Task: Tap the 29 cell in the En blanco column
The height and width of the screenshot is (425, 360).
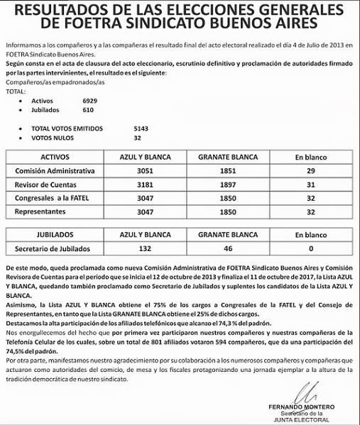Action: (310, 172)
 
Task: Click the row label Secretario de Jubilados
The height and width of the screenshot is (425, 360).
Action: (55, 248)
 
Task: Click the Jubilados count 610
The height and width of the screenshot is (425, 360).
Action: (88, 111)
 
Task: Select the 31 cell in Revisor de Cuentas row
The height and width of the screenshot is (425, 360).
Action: (310, 185)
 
